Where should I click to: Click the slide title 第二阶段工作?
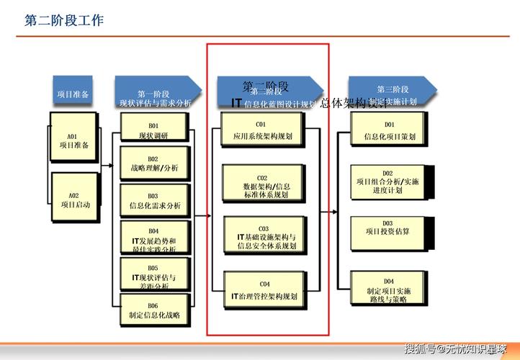[64, 21]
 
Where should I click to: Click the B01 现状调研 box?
[153, 130]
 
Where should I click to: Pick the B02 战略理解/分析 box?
[153, 163]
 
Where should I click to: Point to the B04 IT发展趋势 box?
[153, 240]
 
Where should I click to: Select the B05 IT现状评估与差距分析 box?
[153, 276]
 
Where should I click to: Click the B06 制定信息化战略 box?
[153, 310]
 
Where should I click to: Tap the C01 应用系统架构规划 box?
[264, 130]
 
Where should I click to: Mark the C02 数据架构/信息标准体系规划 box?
[264, 186]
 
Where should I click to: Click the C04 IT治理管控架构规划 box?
[264, 290]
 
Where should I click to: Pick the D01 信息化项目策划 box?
[388, 130]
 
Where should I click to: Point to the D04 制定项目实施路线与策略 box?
[388, 290]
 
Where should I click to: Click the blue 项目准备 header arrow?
[74, 94]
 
